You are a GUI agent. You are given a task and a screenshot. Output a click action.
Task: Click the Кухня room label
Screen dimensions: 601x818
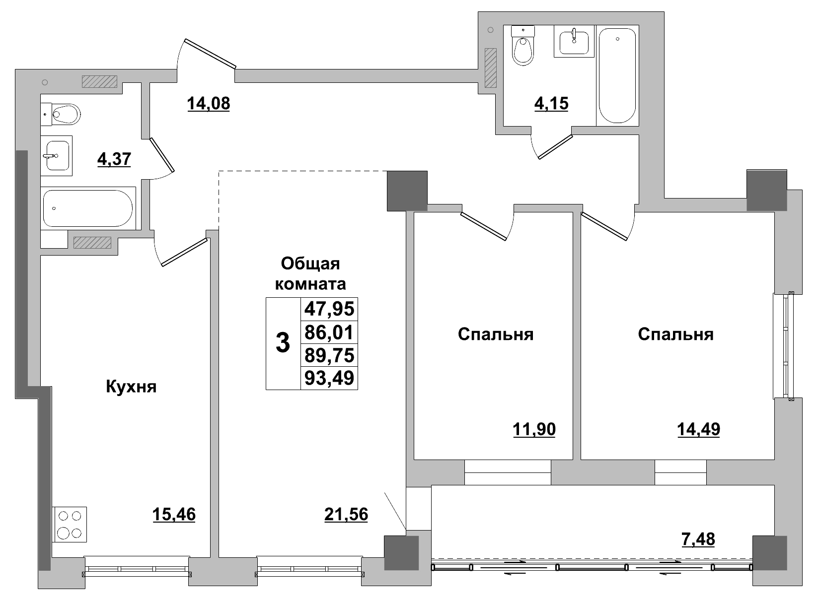(x=131, y=387)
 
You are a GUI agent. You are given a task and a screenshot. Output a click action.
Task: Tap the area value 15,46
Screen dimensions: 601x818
(x=174, y=515)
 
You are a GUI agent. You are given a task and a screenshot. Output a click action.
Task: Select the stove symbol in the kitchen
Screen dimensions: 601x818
(x=70, y=524)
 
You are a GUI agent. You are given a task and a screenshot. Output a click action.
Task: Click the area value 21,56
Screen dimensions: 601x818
(x=346, y=515)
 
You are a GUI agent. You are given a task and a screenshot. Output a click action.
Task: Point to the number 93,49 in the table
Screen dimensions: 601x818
(x=329, y=378)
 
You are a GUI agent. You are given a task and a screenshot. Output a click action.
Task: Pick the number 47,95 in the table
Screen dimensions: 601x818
(x=329, y=309)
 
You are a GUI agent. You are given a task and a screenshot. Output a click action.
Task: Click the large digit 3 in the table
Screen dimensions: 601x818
(x=283, y=343)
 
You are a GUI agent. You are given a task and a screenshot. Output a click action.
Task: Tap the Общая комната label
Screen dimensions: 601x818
(x=310, y=273)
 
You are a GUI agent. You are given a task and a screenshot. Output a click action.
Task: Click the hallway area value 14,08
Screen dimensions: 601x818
(x=209, y=104)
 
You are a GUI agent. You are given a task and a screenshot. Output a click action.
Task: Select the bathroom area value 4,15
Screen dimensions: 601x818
(x=551, y=104)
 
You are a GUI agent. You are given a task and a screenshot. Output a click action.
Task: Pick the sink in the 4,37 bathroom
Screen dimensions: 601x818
(x=56, y=155)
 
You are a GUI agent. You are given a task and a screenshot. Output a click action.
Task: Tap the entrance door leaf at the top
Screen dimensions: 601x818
(x=209, y=53)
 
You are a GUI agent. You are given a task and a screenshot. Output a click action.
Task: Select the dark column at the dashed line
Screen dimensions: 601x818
(x=407, y=191)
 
